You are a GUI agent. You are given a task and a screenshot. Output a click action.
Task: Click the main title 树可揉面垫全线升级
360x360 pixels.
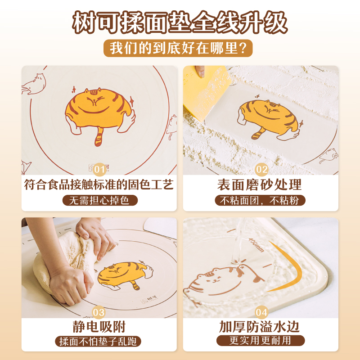pyautogui.click(x=180, y=22)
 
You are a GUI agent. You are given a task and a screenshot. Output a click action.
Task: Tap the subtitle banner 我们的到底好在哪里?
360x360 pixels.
pyautogui.click(x=178, y=48)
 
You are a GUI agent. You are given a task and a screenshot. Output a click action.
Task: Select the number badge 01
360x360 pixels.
pyautogui.click(x=99, y=170)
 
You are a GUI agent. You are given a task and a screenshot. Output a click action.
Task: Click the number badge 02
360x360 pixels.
pyautogui.click(x=261, y=170)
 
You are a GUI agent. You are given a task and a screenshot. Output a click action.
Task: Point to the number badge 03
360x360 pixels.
pyautogui.click(x=99, y=312)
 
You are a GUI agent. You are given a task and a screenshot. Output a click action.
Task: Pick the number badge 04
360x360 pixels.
pyautogui.click(x=261, y=312)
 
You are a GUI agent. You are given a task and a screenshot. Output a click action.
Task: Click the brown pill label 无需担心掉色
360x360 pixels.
pyautogui.click(x=100, y=200)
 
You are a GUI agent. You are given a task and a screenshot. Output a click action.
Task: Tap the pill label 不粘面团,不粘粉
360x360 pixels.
pyautogui.click(x=260, y=200)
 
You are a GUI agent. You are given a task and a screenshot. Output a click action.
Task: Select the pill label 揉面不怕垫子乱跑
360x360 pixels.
pyautogui.click(x=98, y=342)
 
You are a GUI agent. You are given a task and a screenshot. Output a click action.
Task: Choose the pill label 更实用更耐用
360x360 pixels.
pyautogui.click(x=261, y=341)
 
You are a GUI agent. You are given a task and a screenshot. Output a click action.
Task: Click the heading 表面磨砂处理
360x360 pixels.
pyautogui.click(x=260, y=185)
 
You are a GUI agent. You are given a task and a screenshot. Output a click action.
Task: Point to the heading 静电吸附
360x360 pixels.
pyautogui.click(x=99, y=327)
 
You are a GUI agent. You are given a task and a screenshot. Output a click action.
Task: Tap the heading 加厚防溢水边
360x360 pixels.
pyautogui.click(x=260, y=327)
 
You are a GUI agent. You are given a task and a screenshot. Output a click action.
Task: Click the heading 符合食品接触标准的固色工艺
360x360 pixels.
pyautogui.click(x=99, y=185)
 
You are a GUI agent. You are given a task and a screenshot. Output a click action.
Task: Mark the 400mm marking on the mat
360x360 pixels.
pyautogui.click(x=256, y=245)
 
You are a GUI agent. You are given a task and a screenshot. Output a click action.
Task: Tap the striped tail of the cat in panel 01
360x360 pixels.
pyautogui.click(x=99, y=137)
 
